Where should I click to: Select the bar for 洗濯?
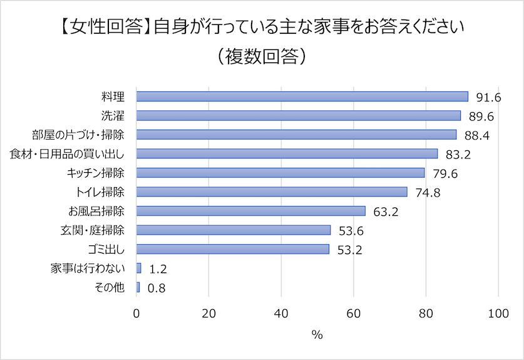coord(298,115)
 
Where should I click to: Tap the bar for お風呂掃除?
coord(250,210)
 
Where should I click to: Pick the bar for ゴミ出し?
coord(232,249)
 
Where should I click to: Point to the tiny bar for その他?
coord(138,287)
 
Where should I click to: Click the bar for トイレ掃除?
coord(272,192)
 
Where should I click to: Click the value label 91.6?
coord(489,98)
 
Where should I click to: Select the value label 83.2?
coord(459,155)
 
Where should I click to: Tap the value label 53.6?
coord(352,231)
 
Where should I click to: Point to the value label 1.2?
coord(157,269)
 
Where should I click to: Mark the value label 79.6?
coord(446,173)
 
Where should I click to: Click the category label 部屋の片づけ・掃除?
coord(78,135)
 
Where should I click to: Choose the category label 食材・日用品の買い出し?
coord(68,153)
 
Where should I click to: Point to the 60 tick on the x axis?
coord(354,313)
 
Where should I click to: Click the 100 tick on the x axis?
coord(498,313)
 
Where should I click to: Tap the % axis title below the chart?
coord(317,335)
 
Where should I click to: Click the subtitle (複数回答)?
coord(262,56)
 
